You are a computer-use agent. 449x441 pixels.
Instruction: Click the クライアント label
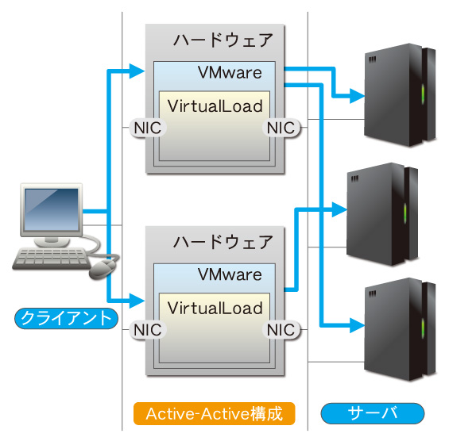click(66, 318)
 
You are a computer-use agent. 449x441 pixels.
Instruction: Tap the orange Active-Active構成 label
click(215, 413)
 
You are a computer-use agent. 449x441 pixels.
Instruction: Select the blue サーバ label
click(372, 413)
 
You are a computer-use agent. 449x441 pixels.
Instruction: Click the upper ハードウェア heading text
click(223, 40)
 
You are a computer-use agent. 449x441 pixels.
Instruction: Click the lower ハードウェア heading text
click(223, 242)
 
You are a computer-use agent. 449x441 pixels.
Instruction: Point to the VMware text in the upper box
click(230, 73)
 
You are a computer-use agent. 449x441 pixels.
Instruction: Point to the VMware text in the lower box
click(230, 274)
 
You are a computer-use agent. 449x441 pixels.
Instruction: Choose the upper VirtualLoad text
click(215, 106)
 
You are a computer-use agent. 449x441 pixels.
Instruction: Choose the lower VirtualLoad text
click(215, 308)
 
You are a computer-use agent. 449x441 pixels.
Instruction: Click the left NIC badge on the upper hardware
click(148, 128)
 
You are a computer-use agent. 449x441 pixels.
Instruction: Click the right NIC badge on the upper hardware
click(281, 128)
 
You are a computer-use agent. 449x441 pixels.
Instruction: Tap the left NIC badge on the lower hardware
click(148, 330)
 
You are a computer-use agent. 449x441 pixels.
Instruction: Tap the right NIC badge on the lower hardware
click(281, 330)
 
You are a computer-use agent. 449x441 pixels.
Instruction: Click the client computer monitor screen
click(52, 209)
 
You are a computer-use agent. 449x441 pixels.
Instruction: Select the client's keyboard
click(51, 258)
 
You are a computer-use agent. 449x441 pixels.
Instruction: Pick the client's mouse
click(103, 269)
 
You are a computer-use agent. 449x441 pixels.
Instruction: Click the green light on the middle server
click(405, 213)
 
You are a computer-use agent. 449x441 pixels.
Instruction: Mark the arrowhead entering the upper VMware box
click(137, 71)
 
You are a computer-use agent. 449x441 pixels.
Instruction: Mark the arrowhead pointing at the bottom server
click(358, 325)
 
